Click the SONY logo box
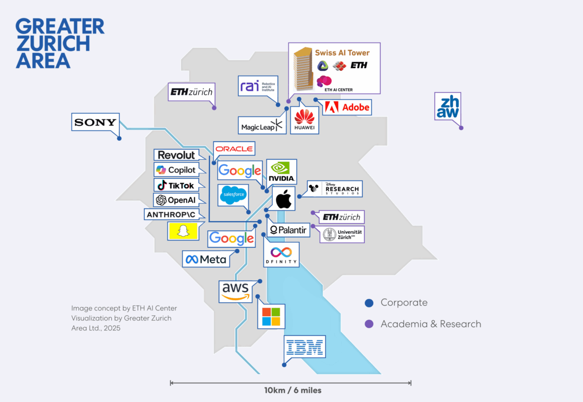tap(95, 122)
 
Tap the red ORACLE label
tap(234, 149)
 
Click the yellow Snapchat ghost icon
tap(183, 231)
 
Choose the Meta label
tap(206, 259)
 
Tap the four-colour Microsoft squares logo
tap(271, 316)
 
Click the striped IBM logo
tap(305, 347)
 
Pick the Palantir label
tap(288, 230)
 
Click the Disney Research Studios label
tap(336, 188)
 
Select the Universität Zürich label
tap(343, 235)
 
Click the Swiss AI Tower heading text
tap(342, 53)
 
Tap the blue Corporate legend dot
tap(369, 303)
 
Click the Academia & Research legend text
tap(430, 324)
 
